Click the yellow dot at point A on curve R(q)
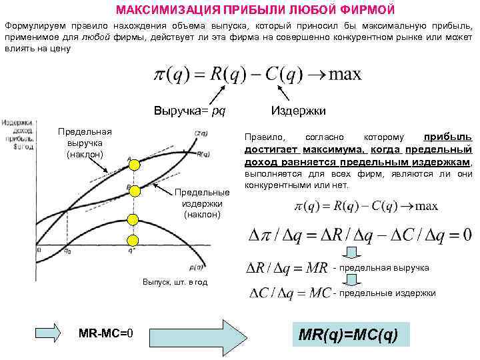pos(133,164)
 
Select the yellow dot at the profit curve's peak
pos(133,219)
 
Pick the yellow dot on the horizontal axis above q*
pos(133,240)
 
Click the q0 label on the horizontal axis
pos(67,252)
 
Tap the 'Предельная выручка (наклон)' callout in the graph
pos(85,143)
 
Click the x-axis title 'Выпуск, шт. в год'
pos(175,282)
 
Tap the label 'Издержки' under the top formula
pos(298,110)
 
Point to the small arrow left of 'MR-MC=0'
pos(47,332)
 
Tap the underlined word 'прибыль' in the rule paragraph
pos(448,136)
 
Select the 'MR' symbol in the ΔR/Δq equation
pos(315,268)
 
